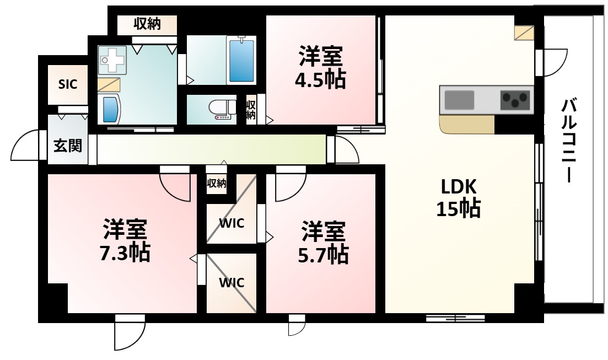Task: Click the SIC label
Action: tap(68, 84)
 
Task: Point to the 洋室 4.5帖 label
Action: tap(322, 67)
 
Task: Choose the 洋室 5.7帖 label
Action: tap(324, 243)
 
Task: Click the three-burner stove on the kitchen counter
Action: tap(515, 100)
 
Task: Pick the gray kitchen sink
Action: tap(459, 100)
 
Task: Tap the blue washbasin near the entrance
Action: tap(111, 109)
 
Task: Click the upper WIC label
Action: tap(232, 223)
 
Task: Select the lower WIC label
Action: tap(232, 282)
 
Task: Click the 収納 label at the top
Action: tap(147, 25)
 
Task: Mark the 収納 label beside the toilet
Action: tap(251, 110)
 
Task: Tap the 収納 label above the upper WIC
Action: tap(217, 183)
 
